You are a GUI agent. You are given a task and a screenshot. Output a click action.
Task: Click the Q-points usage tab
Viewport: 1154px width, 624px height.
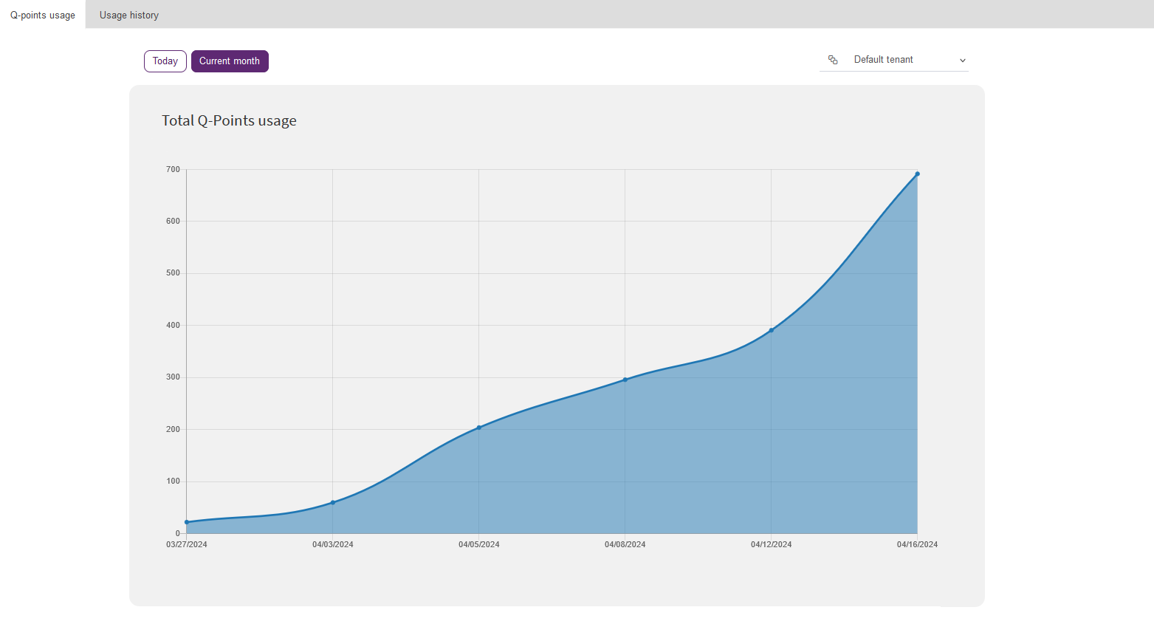tap(43, 15)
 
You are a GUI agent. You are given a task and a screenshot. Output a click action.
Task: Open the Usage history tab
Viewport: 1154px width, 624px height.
tap(128, 15)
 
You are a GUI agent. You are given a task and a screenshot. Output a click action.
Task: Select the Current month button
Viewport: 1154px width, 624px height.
tap(230, 61)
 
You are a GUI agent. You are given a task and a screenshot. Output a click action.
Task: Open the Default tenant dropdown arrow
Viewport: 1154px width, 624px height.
tap(962, 61)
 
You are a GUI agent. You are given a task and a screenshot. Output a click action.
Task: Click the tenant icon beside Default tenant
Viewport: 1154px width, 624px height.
tap(833, 60)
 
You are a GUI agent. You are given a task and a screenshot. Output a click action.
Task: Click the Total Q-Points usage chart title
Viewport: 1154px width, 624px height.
tap(229, 120)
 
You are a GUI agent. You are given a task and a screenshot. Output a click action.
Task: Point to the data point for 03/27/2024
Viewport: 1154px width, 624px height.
tap(187, 522)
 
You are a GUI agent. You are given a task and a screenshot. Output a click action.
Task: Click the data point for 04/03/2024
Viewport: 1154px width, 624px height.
tap(333, 502)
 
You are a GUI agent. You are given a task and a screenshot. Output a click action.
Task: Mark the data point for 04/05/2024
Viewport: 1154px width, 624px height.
tap(479, 428)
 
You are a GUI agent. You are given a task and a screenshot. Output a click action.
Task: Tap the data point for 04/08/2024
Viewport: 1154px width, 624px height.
tap(625, 380)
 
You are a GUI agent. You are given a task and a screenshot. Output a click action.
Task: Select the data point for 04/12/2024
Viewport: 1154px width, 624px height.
tap(772, 330)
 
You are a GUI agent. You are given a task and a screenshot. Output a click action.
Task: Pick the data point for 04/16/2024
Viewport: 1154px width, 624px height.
tap(918, 174)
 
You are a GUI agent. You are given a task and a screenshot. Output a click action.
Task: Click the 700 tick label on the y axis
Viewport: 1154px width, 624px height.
tap(173, 170)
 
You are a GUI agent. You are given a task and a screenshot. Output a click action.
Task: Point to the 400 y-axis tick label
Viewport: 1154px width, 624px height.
tap(173, 325)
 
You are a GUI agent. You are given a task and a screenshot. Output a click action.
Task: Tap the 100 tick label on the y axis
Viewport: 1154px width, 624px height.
tap(173, 481)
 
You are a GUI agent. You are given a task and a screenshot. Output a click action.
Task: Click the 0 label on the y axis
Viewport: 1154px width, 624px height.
tap(178, 533)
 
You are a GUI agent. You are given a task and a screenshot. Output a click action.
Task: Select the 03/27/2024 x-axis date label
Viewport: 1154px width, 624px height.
tap(187, 545)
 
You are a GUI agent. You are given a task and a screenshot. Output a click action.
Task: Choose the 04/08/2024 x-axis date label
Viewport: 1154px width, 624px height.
tap(625, 545)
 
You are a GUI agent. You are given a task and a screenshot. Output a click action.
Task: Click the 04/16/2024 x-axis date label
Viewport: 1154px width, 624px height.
tap(918, 545)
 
